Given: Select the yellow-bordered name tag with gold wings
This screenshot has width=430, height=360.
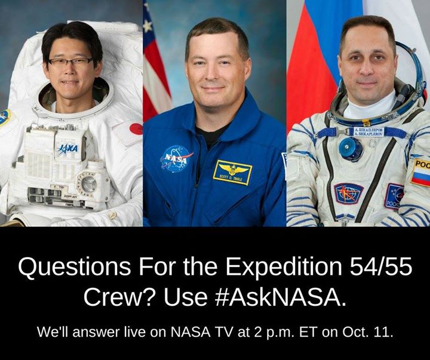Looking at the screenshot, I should [x=233, y=173].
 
